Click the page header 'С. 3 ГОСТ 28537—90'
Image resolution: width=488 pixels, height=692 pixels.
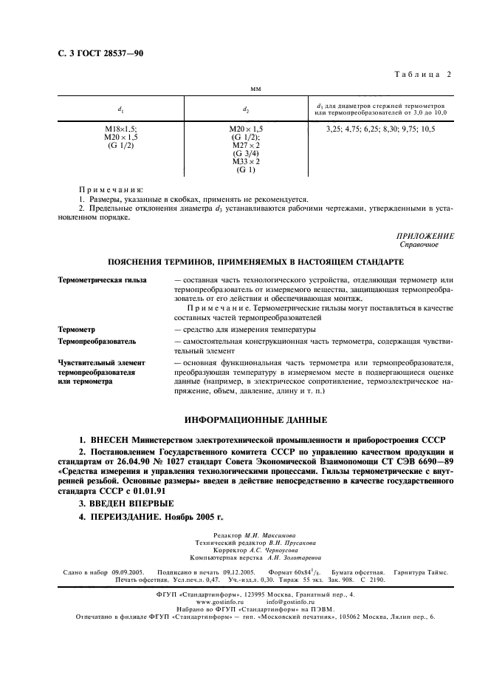pos(91,53)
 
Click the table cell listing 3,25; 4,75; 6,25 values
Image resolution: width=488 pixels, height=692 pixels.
pos(382,129)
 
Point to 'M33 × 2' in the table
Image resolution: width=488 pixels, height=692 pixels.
pos(247,161)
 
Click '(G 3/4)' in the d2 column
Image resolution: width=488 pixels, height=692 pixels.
pos(247,153)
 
